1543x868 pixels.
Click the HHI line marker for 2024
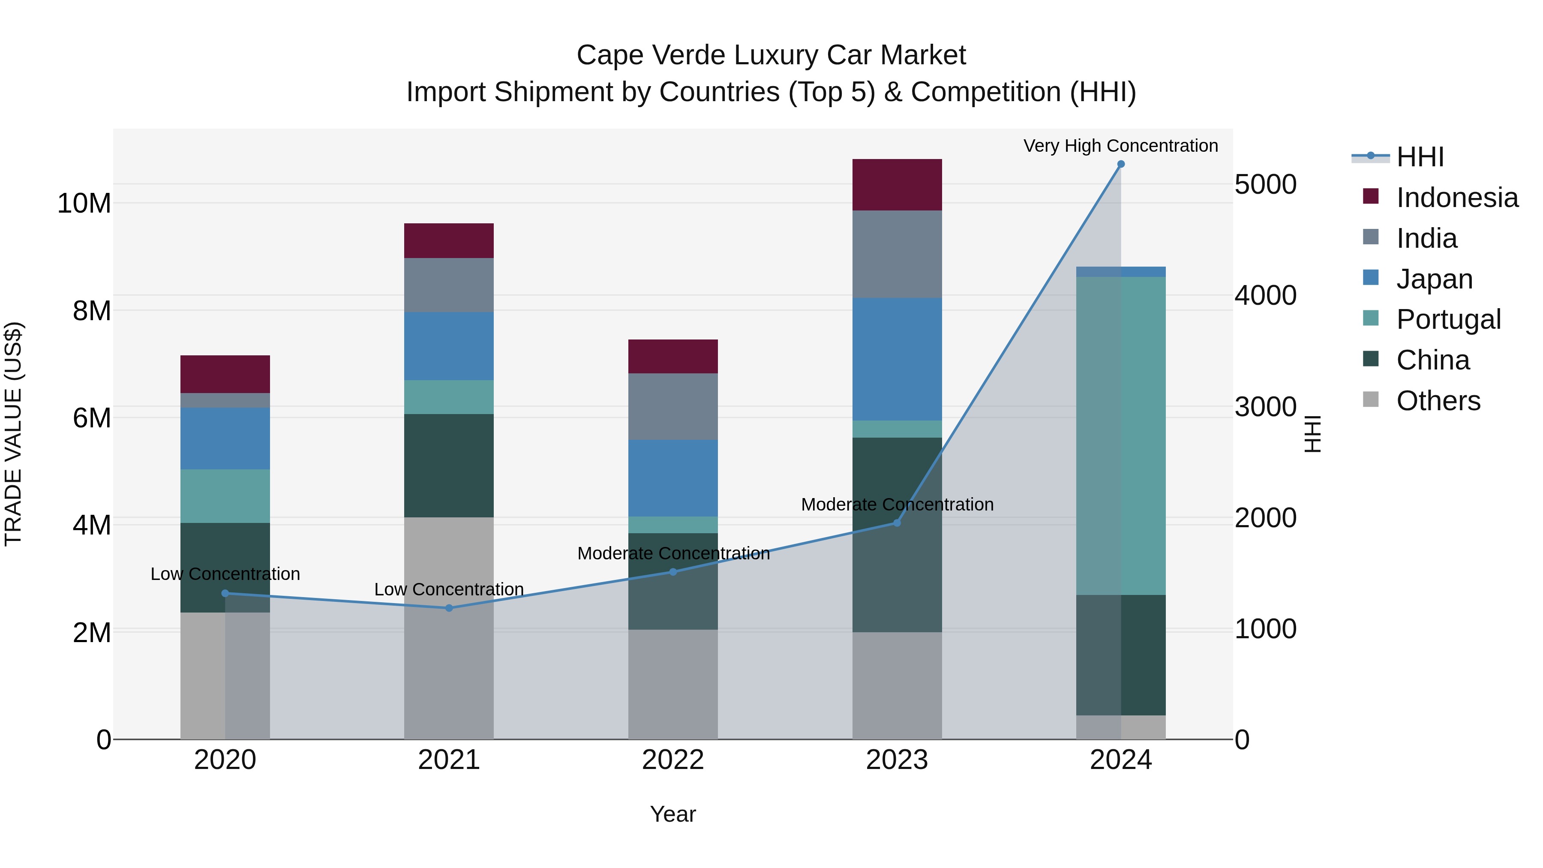[1121, 164]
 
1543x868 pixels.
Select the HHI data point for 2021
[449, 608]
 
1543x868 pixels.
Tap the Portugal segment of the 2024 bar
[1121, 436]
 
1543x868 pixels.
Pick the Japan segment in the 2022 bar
[672, 478]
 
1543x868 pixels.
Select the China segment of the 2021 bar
[449, 466]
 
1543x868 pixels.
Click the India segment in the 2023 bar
[897, 254]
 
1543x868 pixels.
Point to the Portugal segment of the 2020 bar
[225, 496]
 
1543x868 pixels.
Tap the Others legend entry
[1438, 401]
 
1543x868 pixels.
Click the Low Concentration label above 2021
[449, 589]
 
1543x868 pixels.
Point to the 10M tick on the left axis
[84, 204]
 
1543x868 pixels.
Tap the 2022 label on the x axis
[672, 760]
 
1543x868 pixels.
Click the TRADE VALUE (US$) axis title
[13, 434]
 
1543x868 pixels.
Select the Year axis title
[672, 814]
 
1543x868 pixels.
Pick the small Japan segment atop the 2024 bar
[1121, 271]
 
